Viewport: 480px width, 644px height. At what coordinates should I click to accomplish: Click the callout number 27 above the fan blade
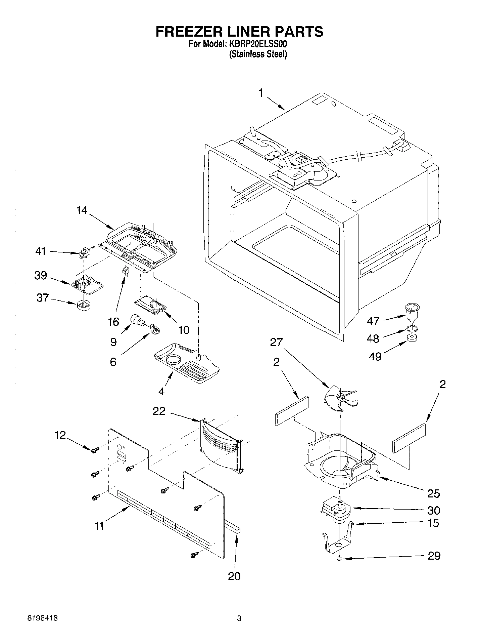tap(277, 343)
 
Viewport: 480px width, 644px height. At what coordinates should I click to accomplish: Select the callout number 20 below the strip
tap(234, 576)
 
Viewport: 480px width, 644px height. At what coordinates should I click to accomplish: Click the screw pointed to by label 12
tap(94, 450)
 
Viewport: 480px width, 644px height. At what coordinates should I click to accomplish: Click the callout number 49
tap(375, 356)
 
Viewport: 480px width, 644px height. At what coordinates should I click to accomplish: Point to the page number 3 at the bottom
tap(239, 627)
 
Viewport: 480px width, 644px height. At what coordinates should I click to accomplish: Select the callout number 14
tap(82, 210)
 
